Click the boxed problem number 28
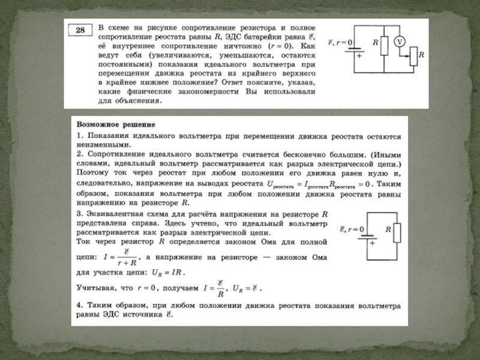[80, 30]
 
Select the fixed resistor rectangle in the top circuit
[382, 44]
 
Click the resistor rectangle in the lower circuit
[396, 230]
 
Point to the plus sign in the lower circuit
[372, 244]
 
